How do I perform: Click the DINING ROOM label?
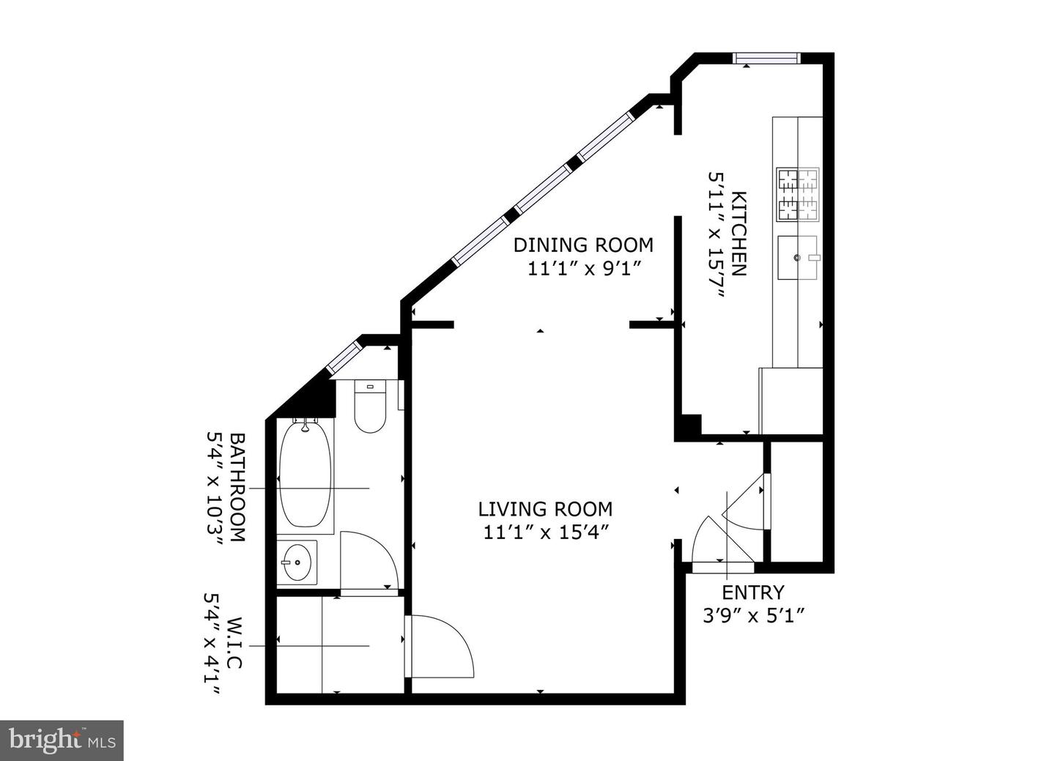582,244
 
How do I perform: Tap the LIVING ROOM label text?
545,508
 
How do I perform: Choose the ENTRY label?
752,592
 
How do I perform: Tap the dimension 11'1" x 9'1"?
584,268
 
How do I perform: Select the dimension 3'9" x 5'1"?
754,616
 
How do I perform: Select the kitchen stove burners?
798,195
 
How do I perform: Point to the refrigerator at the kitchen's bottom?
791,401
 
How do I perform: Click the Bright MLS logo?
62,740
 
